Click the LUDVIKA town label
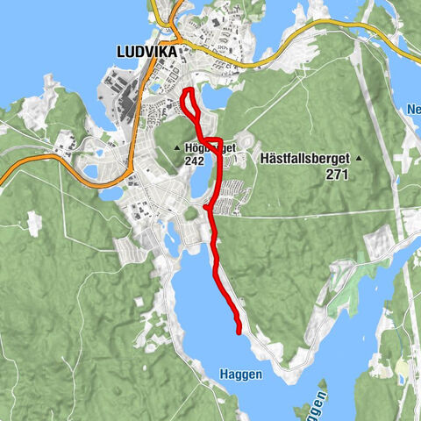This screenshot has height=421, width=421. pos(146,52)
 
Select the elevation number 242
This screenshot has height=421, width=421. pos(196,161)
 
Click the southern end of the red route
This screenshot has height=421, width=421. pos(239,332)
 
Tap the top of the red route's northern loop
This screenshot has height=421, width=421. pos(186,91)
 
